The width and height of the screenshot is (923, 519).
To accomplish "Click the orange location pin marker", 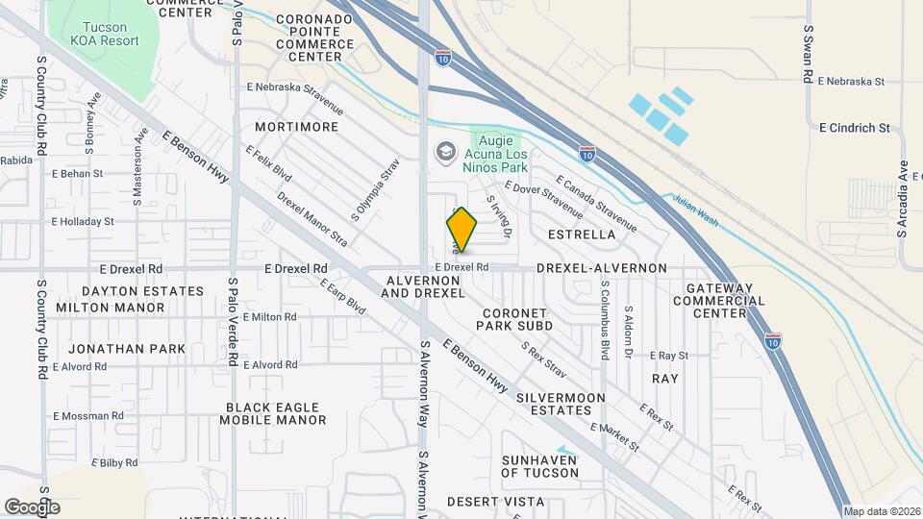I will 461,229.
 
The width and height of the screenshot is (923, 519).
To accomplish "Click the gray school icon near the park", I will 445,151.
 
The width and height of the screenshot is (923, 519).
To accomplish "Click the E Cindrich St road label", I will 856,127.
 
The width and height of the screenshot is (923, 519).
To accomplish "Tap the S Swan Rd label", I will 809,55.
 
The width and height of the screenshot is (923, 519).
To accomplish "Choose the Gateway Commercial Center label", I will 726,300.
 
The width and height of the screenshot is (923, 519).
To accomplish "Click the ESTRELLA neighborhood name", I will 581,235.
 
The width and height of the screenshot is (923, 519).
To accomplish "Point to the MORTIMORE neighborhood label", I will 297,127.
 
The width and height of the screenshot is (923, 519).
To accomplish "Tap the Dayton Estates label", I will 142,290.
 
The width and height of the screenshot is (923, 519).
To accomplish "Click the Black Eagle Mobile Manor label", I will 272,413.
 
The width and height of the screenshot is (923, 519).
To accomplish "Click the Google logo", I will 32,507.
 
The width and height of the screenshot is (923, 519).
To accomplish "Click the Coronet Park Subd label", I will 515,319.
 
